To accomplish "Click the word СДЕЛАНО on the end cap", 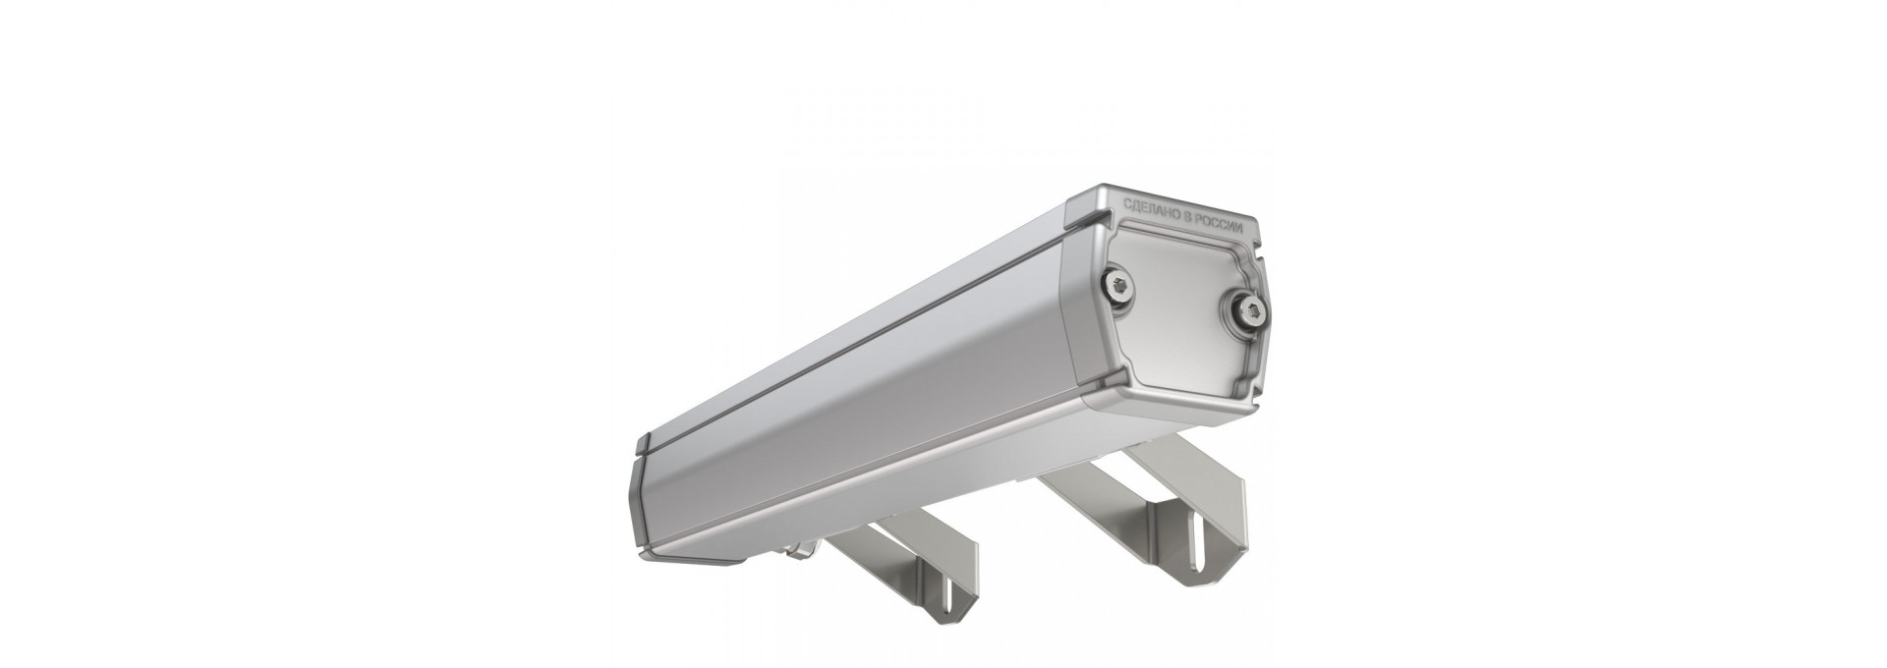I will [x=1153, y=211].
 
